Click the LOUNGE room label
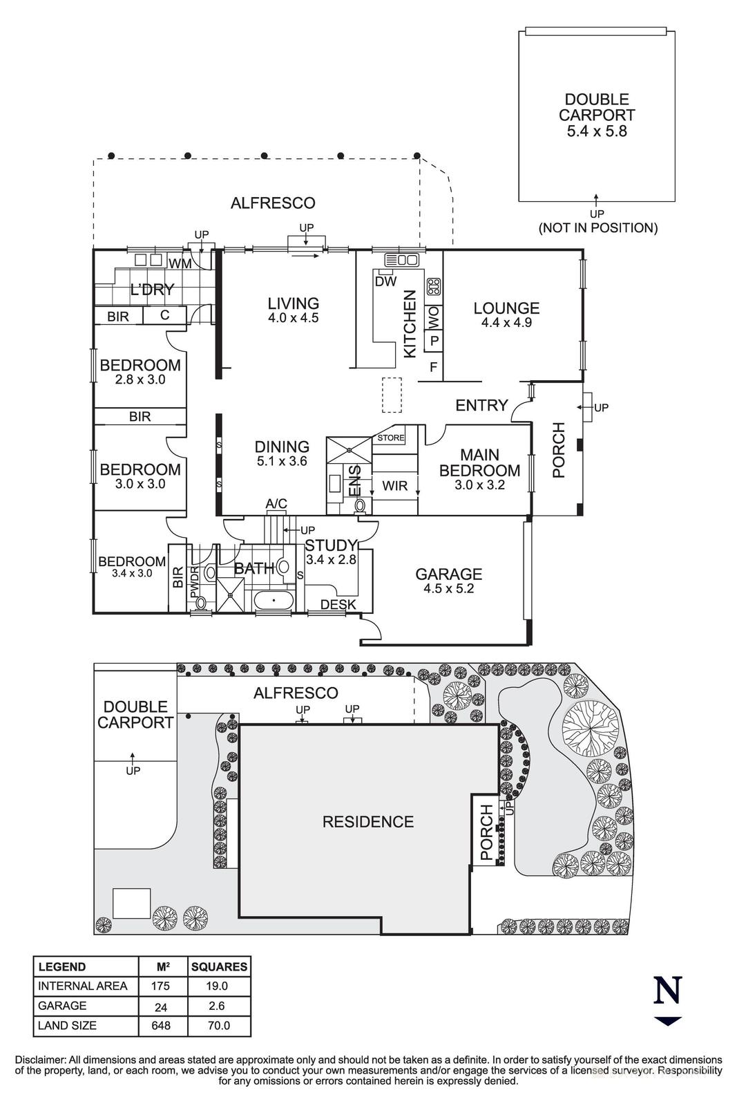506,308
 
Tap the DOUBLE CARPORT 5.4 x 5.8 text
596,115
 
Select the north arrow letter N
668,991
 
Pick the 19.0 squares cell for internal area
219,986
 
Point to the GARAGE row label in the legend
62,1006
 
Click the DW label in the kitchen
385,281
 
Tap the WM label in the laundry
180,263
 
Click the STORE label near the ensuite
391,438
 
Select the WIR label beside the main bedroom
394,486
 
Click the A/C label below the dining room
276,504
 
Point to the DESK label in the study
339,605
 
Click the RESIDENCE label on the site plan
368,822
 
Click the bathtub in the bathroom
274,601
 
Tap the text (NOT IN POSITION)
598,227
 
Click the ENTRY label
481,406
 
